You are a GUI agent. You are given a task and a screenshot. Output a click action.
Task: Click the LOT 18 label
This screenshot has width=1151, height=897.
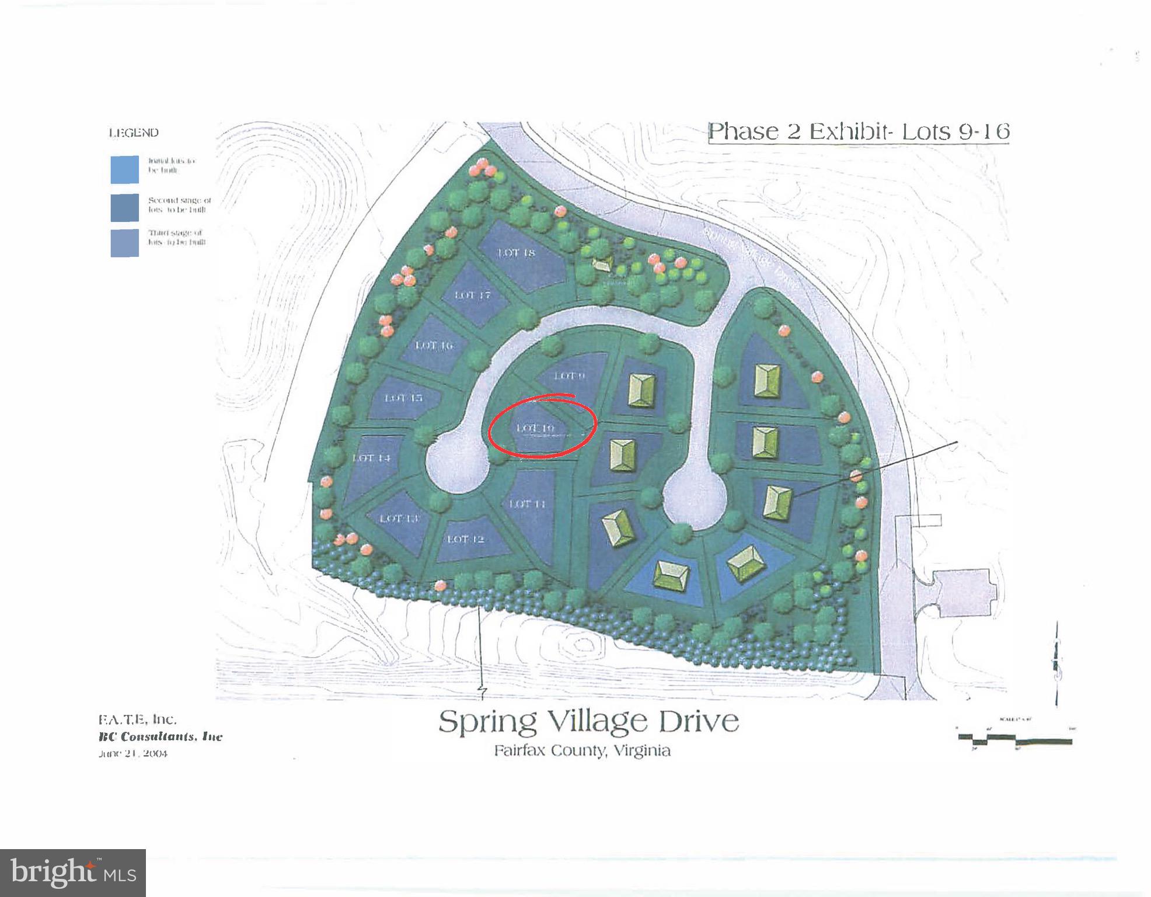(x=517, y=253)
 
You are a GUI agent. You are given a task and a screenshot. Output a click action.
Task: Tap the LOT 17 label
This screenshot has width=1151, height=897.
(x=472, y=295)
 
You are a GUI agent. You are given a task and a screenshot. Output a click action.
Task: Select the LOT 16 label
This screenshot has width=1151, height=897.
(x=434, y=346)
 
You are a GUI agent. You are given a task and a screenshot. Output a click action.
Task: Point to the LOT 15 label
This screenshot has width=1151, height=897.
(x=403, y=398)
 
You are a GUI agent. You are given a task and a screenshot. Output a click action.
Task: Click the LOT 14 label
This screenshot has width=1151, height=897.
(x=371, y=458)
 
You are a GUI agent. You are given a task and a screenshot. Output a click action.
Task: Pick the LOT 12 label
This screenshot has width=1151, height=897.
(x=465, y=539)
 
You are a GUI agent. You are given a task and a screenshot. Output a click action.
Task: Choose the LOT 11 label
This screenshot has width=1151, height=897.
(x=527, y=504)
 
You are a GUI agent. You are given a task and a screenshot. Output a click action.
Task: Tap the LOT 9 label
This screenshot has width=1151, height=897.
(x=568, y=376)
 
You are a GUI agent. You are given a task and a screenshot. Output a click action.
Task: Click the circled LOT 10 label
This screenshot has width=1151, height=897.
(x=535, y=429)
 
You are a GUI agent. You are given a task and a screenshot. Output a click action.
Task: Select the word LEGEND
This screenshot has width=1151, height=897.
(x=134, y=133)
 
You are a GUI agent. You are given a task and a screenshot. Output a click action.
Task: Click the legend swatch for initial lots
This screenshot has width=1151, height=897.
(x=125, y=169)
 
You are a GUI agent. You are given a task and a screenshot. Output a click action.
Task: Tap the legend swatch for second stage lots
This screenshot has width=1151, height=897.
(x=125, y=207)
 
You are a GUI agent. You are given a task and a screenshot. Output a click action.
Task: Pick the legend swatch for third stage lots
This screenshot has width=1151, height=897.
(x=125, y=242)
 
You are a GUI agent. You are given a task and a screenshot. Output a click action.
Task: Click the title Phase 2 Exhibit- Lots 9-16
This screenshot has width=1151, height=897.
(x=859, y=131)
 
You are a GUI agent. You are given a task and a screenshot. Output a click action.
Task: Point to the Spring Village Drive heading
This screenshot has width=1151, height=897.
(x=588, y=721)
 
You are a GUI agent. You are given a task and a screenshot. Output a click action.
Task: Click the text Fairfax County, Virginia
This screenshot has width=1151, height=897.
(x=582, y=751)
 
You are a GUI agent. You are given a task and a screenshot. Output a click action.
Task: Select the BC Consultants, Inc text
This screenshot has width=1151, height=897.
(x=161, y=737)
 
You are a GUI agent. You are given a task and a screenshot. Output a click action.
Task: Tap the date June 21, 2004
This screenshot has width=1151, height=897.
(x=133, y=754)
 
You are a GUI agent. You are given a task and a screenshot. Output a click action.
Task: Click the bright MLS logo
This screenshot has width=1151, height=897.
(x=73, y=872)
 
